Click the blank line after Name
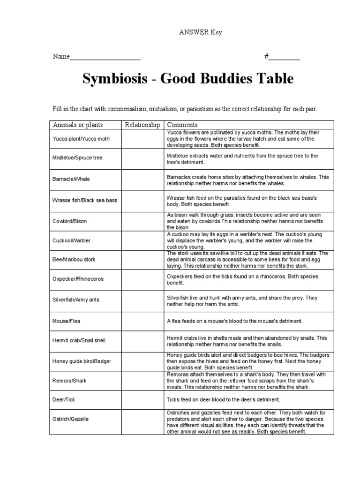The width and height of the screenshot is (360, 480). click(x=105, y=57)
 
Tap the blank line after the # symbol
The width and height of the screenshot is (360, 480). click(x=284, y=57)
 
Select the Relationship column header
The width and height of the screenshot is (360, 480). click(x=142, y=125)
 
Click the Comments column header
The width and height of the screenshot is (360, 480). click(x=182, y=125)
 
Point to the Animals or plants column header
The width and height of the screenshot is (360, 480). click(x=78, y=125)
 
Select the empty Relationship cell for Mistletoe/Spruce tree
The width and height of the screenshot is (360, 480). click(x=142, y=158)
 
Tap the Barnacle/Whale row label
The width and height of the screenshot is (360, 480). click(x=71, y=179)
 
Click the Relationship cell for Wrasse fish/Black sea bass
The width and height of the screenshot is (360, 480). click(x=142, y=200)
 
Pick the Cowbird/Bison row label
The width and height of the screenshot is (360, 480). click(x=69, y=221)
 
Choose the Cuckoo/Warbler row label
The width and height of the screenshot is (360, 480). click(x=71, y=240)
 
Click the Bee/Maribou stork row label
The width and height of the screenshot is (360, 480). click(x=74, y=259)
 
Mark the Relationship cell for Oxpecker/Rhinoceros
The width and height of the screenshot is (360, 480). click(x=142, y=279)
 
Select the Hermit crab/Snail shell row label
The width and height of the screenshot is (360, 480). click(x=76, y=340)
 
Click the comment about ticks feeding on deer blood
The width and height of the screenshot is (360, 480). click(x=223, y=399)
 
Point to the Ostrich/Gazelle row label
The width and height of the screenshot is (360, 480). click(x=70, y=419)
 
